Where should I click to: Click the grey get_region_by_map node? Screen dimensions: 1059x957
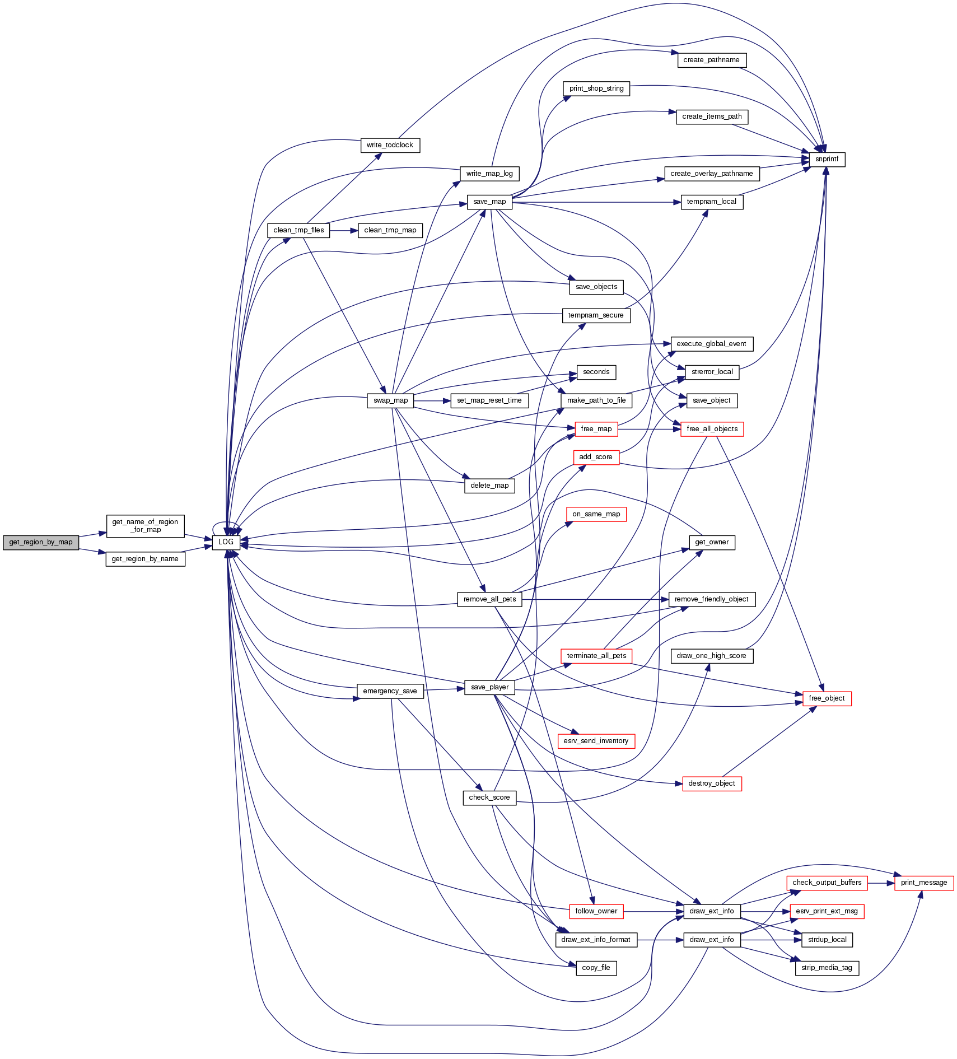pyautogui.click(x=41, y=542)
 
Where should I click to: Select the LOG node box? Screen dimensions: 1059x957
pyautogui.click(x=226, y=542)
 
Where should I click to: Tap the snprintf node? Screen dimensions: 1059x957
pyautogui.click(x=827, y=159)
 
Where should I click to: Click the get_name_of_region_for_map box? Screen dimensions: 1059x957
pyautogui.click(x=145, y=526)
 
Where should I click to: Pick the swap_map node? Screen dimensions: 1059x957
pyautogui.click(x=390, y=400)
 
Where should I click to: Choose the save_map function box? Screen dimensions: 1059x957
pyautogui.click(x=489, y=202)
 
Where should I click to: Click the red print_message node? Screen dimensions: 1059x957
pyautogui.click(x=923, y=883)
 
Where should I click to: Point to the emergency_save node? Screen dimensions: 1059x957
pyautogui.click(x=390, y=691)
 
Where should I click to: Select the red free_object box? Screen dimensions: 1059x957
pyautogui.click(x=827, y=698)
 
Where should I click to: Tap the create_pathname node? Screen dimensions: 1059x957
pyautogui.click(x=711, y=60)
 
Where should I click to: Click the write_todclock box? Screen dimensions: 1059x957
pyautogui.click(x=390, y=145)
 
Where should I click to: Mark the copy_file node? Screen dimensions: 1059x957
pyautogui.click(x=596, y=968)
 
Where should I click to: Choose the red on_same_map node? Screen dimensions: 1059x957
pyautogui.click(x=596, y=514)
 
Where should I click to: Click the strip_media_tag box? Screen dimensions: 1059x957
pyautogui.click(x=827, y=968)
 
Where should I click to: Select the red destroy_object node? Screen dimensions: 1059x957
pyautogui.click(x=711, y=783)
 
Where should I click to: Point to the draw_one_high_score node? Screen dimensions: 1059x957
pyautogui.click(x=711, y=656)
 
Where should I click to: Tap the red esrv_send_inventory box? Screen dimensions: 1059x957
pyautogui.click(x=596, y=741)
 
